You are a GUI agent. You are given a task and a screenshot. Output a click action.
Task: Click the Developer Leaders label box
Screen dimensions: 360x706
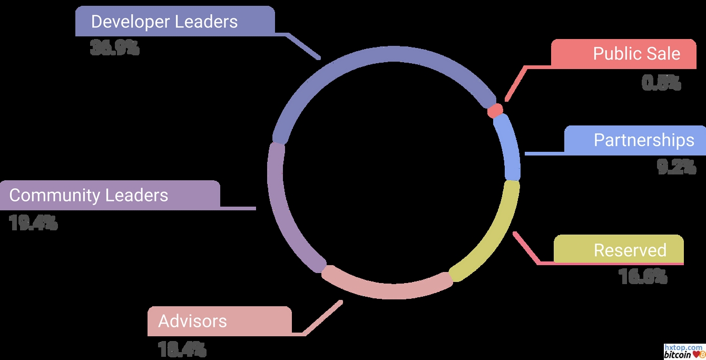tap(175, 22)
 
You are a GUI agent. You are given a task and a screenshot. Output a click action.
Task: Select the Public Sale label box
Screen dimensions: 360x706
tap(624, 53)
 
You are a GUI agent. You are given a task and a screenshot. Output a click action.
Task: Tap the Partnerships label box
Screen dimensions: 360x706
tap(635, 140)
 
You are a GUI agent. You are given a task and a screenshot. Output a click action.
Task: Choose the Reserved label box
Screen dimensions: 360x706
tap(619, 250)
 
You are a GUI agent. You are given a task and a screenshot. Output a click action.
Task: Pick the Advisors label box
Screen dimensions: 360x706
tap(219, 321)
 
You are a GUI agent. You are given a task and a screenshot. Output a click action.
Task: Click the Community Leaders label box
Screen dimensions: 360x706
tap(110, 195)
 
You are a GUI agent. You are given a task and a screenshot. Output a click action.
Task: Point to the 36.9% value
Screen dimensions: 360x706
tap(114, 48)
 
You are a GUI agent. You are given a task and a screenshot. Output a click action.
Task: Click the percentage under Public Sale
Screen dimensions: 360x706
tap(661, 83)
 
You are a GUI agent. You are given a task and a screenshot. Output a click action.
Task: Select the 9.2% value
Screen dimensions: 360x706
tap(676, 167)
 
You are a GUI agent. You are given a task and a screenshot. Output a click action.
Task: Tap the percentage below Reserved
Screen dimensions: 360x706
tap(643, 277)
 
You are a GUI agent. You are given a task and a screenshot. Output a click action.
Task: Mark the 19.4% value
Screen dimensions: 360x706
tap(33, 223)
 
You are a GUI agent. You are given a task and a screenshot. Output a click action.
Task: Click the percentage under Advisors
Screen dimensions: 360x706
tap(182, 349)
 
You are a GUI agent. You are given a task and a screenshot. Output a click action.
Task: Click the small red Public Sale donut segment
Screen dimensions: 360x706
tap(495, 111)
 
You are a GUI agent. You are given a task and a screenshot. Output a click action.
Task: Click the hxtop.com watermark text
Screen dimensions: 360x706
tap(683, 347)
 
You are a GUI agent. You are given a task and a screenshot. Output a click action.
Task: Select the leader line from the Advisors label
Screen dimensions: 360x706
tap(322, 318)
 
